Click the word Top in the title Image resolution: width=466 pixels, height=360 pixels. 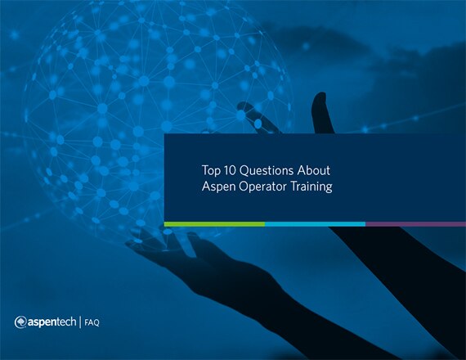coord(211,171)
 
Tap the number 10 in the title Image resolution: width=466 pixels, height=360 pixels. coord(230,170)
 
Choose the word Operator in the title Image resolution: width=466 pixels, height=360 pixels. coord(262,187)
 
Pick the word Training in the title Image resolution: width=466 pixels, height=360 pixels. coord(311,187)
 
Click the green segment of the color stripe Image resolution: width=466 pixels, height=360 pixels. coord(214,224)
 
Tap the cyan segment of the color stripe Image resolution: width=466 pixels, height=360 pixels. coord(315,224)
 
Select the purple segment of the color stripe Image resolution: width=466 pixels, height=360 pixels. coord(416,224)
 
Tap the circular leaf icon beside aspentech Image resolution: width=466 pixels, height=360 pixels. coord(20,322)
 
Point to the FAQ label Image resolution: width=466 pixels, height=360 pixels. coord(92,323)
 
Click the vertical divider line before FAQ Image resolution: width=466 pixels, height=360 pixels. coord(80,322)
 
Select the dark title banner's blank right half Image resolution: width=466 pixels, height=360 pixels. coord(398,178)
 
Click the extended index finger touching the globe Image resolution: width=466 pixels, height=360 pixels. coord(258,118)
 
